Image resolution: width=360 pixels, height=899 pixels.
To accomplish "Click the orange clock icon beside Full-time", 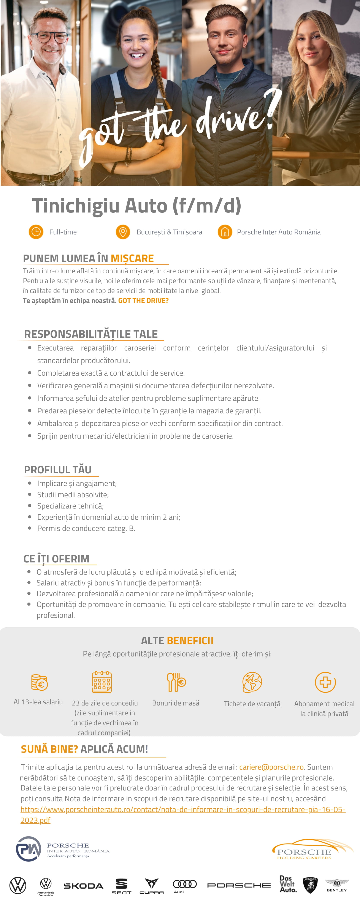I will (x=36, y=232).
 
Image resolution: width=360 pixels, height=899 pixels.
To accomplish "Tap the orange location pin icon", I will (x=123, y=232).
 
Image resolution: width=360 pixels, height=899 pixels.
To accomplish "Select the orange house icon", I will (x=225, y=232).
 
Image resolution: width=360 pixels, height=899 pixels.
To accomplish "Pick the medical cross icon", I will (x=325, y=682).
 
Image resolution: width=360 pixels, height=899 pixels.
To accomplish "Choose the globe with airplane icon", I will (x=252, y=682).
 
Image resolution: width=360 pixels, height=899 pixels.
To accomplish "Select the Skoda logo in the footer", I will (x=83, y=886).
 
